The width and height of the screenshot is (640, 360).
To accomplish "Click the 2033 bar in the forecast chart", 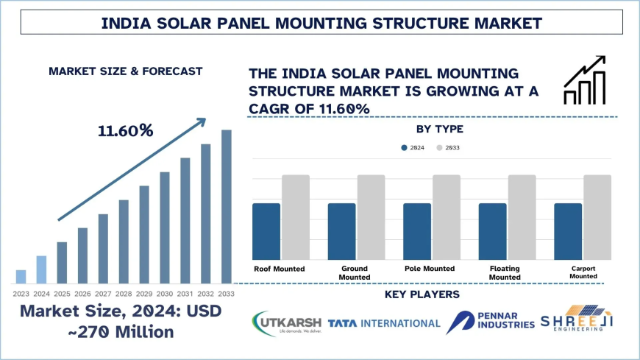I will click(227, 206).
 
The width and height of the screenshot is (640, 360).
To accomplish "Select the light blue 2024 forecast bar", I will click(41, 269).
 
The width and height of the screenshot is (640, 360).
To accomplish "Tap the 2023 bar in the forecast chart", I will click(21, 276).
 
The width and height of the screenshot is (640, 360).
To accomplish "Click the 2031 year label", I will click(185, 293).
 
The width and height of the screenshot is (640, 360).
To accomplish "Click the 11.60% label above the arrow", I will click(125, 131).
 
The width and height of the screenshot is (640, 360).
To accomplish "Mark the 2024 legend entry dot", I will click(404, 148).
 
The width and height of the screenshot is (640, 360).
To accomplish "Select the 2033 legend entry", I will click(448, 148).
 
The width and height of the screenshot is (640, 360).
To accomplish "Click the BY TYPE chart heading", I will click(440, 130).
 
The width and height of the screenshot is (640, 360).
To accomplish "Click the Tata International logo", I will click(384, 323).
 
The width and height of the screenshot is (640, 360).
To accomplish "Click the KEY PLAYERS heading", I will click(422, 295).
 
